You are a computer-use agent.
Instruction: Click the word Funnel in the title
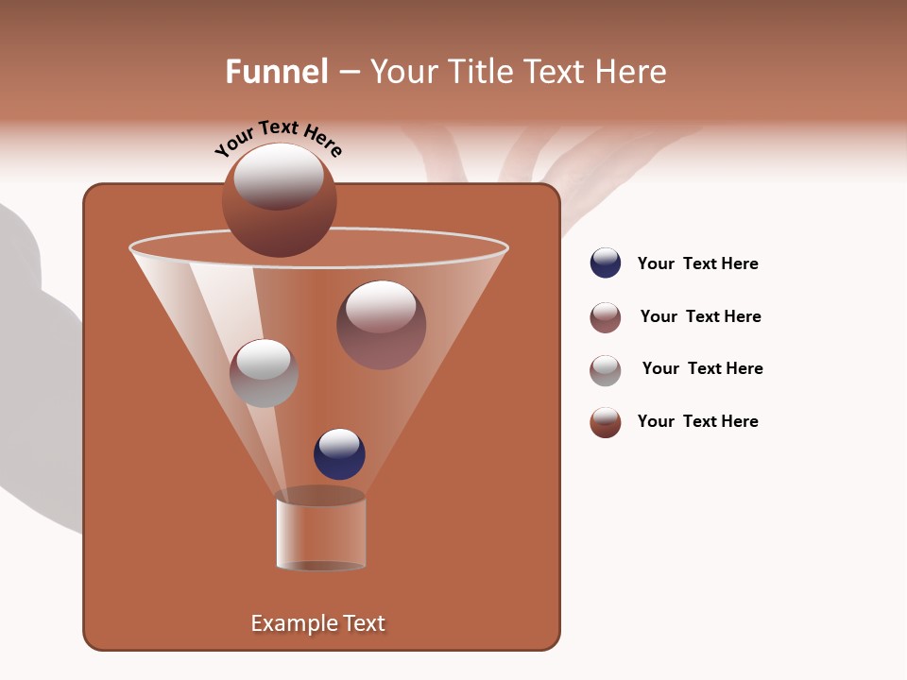pyautogui.click(x=277, y=72)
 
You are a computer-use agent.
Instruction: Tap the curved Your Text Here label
pyautogui.click(x=278, y=139)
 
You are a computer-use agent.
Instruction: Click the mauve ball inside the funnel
pyautogui.click(x=381, y=325)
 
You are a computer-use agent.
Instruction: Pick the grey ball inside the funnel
pyautogui.click(x=264, y=373)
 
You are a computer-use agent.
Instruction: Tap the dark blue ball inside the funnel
pyautogui.click(x=339, y=453)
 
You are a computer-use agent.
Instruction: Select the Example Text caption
pyautogui.click(x=317, y=623)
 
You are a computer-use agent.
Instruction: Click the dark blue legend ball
pyautogui.click(x=606, y=263)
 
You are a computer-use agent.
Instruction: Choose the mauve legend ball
pyautogui.click(x=606, y=316)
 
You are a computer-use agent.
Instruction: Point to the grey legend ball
pyautogui.click(x=606, y=369)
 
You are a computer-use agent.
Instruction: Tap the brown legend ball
pyautogui.click(x=606, y=421)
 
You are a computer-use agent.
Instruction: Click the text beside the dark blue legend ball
pyautogui.click(x=697, y=263)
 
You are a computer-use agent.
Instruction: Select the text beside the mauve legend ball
pyautogui.click(x=700, y=316)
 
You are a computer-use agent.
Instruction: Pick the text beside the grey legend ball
pyautogui.click(x=702, y=368)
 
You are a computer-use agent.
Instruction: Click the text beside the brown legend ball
pyautogui.click(x=697, y=421)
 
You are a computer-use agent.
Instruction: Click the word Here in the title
pyautogui.click(x=632, y=72)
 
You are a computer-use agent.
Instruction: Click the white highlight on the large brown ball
pyautogui.click(x=279, y=176)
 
